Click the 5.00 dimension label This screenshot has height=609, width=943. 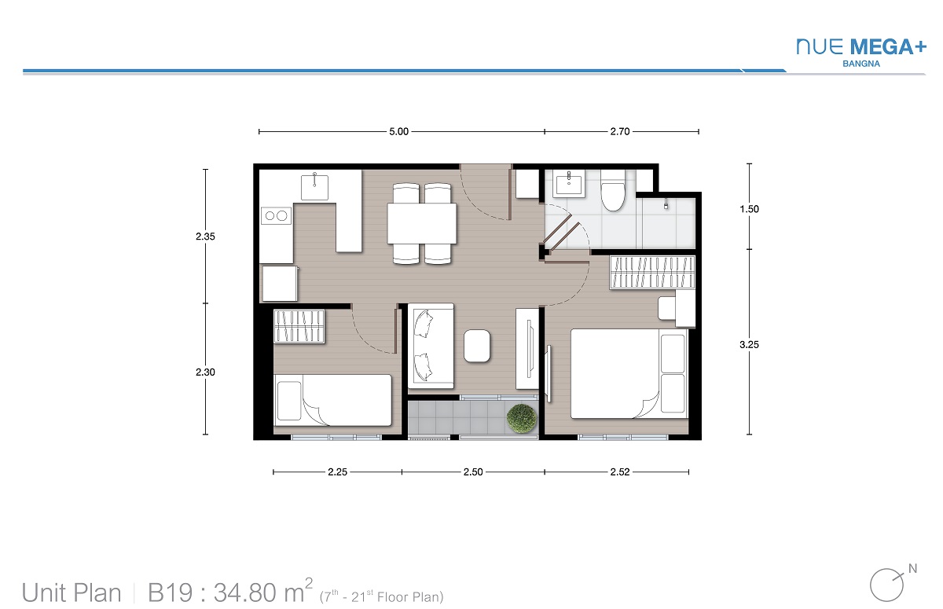coord(398,132)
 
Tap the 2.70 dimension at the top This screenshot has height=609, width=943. coord(620,132)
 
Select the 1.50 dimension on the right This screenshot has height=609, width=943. coord(750,209)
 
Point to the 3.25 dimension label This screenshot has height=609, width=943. coord(750,345)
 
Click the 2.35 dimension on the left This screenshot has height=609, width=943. coord(205,237)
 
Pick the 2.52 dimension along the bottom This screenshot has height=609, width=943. coord(620,472)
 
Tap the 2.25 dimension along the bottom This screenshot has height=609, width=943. coord(338,472)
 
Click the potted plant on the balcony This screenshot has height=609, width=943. coord(522,418)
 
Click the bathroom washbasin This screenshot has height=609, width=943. coord(569,184)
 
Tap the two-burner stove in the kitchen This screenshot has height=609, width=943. coord(276,216)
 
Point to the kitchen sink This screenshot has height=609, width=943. coord(314,188)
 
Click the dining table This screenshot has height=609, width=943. coord(422,223)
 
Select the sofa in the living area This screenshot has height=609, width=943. coord(431,346)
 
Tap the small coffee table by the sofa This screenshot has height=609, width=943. coord(477,346)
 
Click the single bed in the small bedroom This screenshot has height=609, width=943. coord(332,400)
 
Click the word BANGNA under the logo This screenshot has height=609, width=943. coord(861,64)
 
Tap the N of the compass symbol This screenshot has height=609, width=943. coord(912,569)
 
